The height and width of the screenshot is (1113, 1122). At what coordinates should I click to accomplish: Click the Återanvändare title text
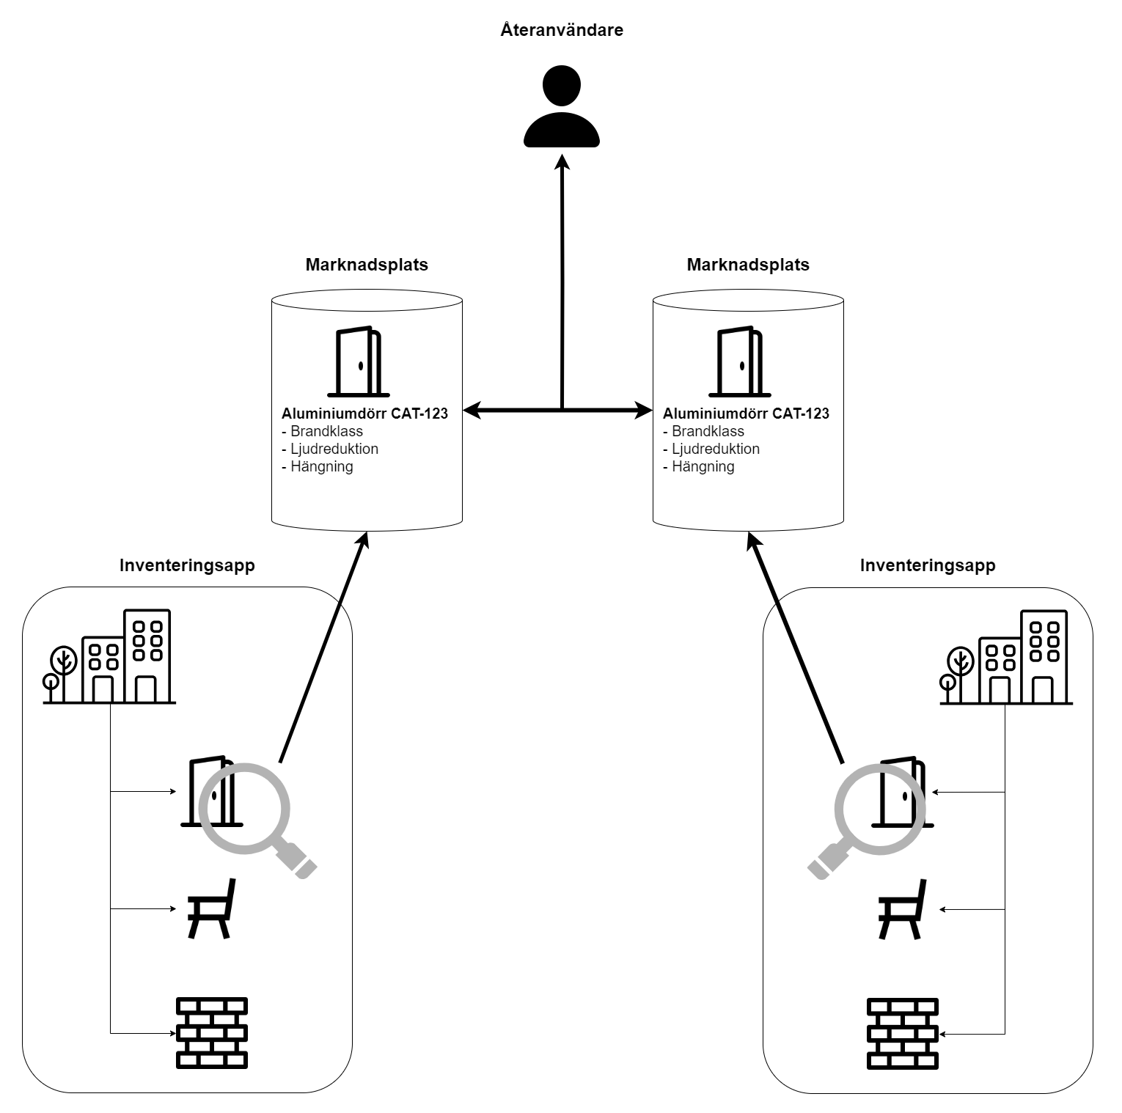(x=562, y=30)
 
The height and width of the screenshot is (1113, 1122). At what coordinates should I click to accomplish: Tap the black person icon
(x=562, y=106)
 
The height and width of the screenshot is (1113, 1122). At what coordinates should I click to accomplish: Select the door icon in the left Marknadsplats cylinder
(x=359, y=361)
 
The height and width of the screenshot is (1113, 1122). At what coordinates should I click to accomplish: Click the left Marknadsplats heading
(x=367, y=265)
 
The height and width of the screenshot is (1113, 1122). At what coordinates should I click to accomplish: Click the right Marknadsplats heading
(x=748, y=265)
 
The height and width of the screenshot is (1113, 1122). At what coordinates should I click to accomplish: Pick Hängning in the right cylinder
(x=702, y=466)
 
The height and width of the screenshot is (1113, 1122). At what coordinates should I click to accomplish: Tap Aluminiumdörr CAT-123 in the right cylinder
(x=746, y=414)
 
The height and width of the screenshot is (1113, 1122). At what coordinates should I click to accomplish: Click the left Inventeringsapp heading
(x=187, y=565)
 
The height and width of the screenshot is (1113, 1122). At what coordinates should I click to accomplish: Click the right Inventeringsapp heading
(x=928, y=565)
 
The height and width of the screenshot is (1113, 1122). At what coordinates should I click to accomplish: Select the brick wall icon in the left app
(x=212, y=1032)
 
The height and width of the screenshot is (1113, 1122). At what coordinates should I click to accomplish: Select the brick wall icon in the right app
(x=903, y=1032)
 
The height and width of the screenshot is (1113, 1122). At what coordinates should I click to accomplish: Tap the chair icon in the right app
(x=903, y=909)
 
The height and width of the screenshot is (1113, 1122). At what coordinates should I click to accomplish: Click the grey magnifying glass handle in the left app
(x=298, y=859)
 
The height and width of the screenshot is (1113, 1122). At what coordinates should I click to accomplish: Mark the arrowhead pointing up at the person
(x=562, y=161)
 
